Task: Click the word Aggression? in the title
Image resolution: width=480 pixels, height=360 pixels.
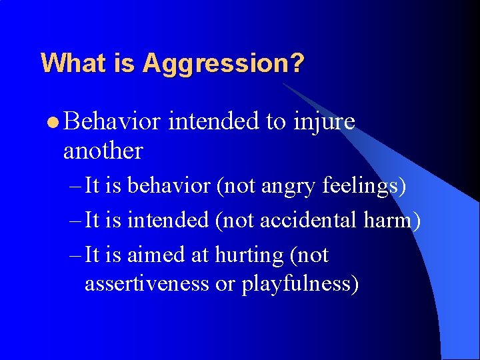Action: coord(223,63)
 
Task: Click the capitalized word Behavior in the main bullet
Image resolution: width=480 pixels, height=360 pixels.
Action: coord(113,121)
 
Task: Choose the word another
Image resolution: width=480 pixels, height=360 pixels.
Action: coord(103,151)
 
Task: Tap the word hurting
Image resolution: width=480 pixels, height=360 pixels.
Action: coord(245,256)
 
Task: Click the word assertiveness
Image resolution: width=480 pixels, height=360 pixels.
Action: coord(147,284)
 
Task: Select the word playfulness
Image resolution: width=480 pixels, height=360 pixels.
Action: coord(299,284)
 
